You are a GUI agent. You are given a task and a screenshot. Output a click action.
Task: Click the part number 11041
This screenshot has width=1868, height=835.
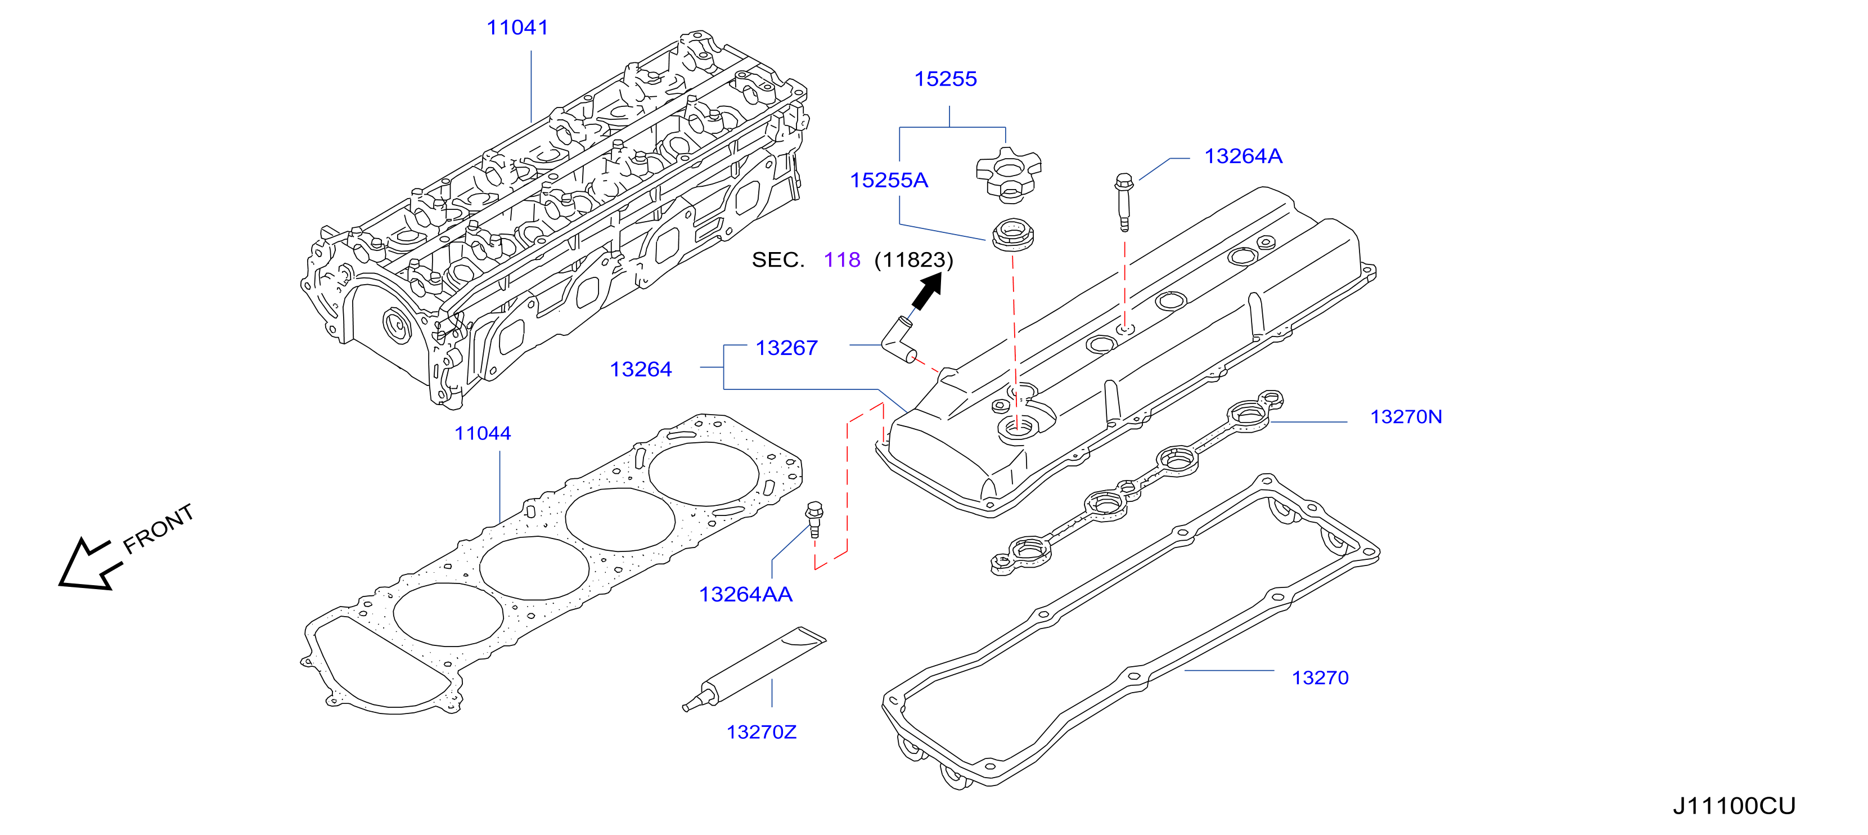point(517,28)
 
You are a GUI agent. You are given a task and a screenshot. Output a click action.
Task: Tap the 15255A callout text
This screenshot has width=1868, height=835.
point(889,180)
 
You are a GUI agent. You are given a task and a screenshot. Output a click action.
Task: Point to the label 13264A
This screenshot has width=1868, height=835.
point(1243,156)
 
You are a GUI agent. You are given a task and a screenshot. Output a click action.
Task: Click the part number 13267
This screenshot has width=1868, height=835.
point(786,348)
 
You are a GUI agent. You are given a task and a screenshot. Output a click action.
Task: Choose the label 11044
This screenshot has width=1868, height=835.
point(482,433)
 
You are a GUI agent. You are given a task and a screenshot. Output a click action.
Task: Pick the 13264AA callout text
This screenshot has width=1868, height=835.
point(745,594)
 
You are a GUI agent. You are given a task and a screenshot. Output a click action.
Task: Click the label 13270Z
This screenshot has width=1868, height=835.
point(762,732)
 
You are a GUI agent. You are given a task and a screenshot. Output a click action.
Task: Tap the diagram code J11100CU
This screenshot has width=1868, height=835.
point(1734,806)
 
